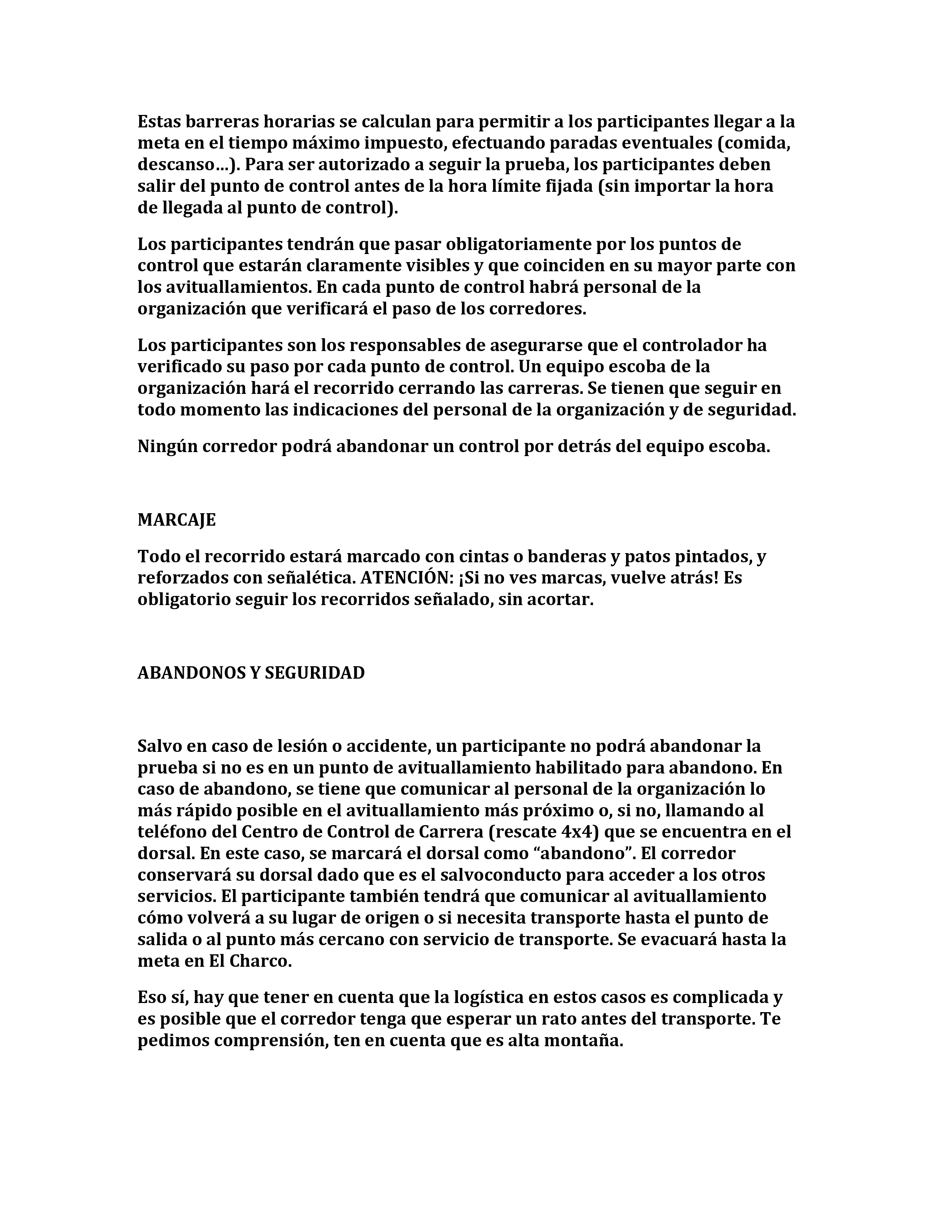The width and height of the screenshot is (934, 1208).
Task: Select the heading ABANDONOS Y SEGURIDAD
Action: pos(251,673)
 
